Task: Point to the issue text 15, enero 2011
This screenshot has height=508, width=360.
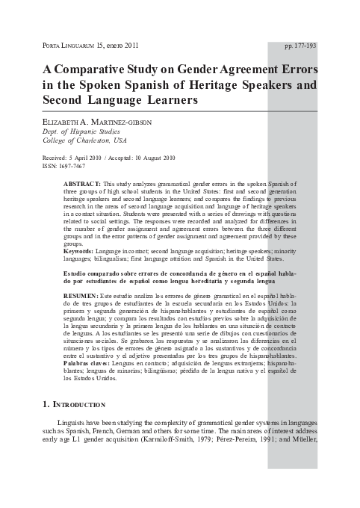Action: coord(119,46)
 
